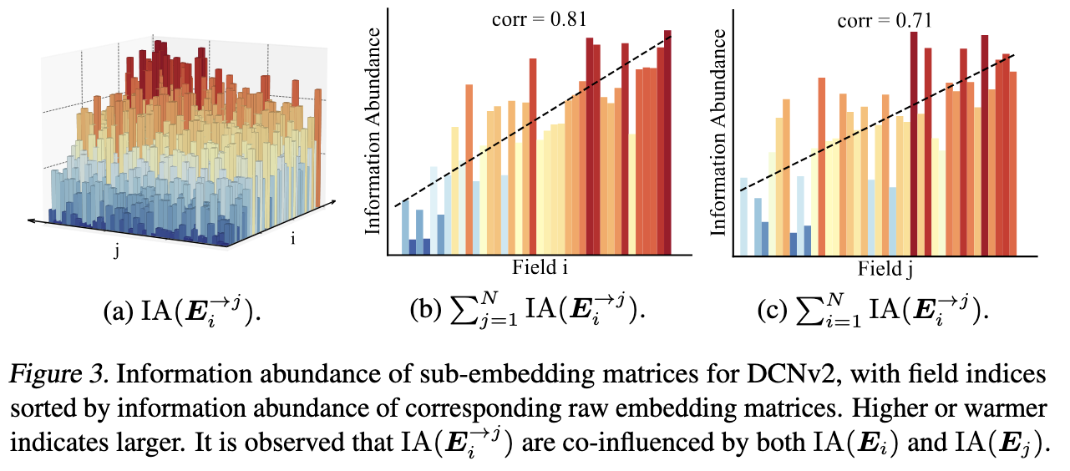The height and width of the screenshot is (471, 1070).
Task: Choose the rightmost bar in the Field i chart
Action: (667, 142)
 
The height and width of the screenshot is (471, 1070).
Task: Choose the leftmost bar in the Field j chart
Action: (743, 216)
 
